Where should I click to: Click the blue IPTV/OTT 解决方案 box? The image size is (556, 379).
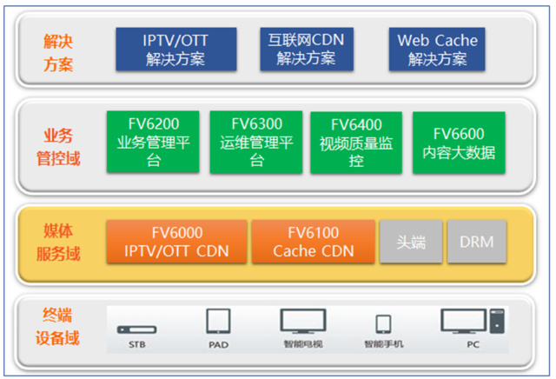pyautogui.click(x=175, y=50)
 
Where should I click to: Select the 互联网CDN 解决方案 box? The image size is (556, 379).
pyautogui.click(x=306, y=50)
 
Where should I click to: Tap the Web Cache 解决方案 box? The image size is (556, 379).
pyautogui.click(x=437, y=50)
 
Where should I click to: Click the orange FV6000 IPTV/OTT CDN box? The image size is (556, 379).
pyautogui.click(x=176, y=242)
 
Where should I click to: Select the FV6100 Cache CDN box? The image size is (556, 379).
pyautogui.click(x=313, y=242)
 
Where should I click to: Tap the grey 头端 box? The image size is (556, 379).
pyautogui.click(x=412, y=242)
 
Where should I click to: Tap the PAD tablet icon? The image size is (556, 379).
pyautogui.click(x=218, y=322)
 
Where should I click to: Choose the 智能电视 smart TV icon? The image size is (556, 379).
pyautogui.click(x=302, y=322)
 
